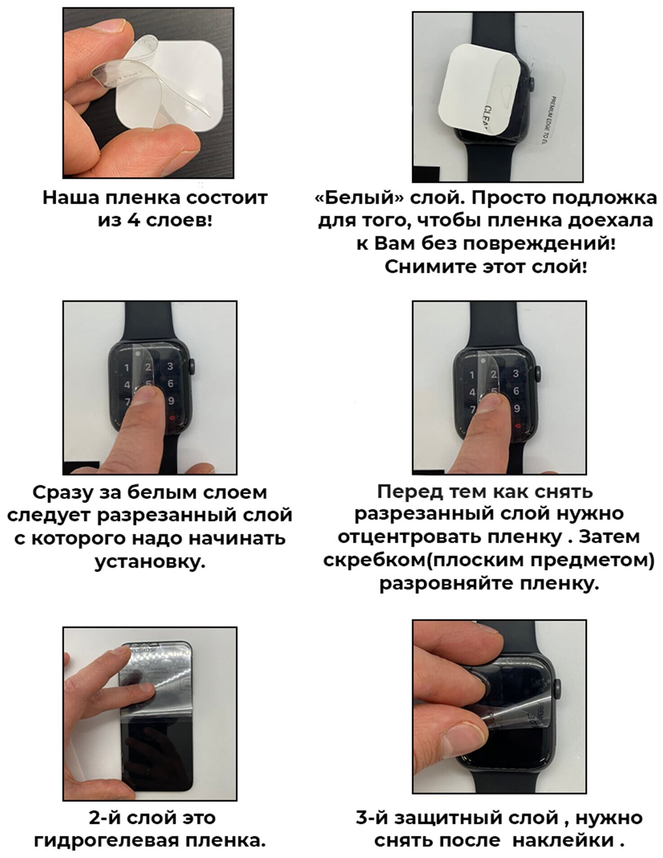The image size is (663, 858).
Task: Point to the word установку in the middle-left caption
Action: (x=150, y=563)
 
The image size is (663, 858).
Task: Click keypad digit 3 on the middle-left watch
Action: (x=170, y=366)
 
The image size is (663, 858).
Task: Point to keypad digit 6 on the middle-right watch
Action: (x=516, y=391)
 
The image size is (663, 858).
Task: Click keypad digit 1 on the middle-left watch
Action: (x=127, y=368)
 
